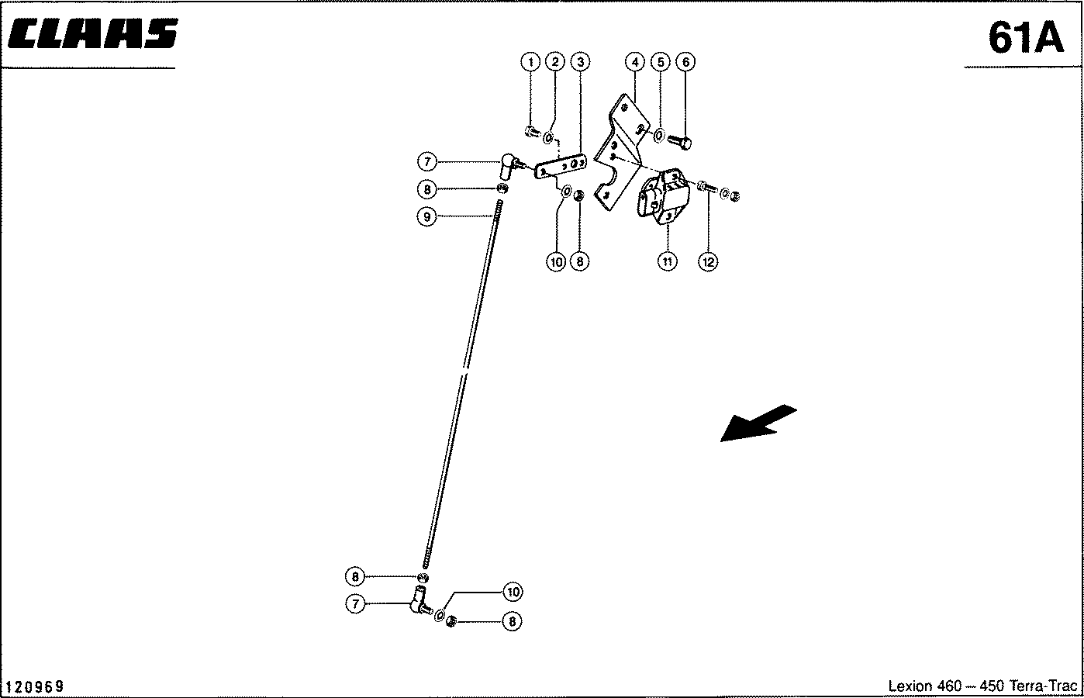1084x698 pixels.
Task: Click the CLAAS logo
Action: pyautogui.click(x=93, y=33)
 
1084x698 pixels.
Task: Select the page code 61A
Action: pyautogui.click(x=1025, y=38)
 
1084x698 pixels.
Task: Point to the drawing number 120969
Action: pyautogui.click(x=34, y=686)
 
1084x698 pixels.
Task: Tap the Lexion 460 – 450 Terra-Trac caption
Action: pyautogui.click(x=982, y=686)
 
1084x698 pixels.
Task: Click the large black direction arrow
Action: pyautogui.click(x=758, y=423)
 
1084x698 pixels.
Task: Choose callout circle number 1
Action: pyautogui.click(x=531, y=62)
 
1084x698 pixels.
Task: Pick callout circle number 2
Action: pyautogui.click(x=555, y=62)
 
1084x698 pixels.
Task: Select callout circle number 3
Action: pyautogui.click(x=580, y=62)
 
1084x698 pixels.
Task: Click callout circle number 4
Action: pyautogui.click(x=635, y=62)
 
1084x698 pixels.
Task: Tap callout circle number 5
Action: pyautogui.click(x=661, y=62)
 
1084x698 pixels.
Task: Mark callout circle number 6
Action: pyautogui.click(x=685, y=62)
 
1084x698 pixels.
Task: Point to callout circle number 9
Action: pyautogui.click(x=426, y=216)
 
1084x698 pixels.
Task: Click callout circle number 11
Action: pyautogui.click(x=668, y=261)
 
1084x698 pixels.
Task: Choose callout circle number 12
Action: pyautogui.click(x=708, y=262)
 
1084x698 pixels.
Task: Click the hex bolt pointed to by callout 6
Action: pyautogui.click(x=679, y=142)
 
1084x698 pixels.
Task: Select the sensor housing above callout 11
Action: pyautogui.click(x=662, y=196)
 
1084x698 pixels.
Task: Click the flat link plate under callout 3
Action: pyautogui.click(x=561, y=167)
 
